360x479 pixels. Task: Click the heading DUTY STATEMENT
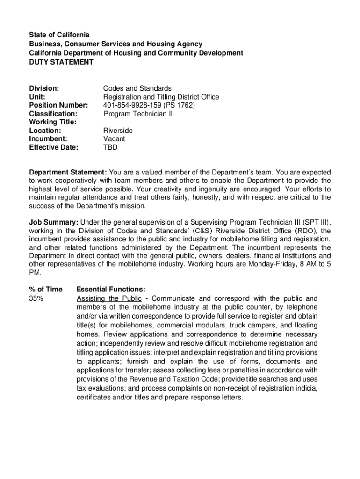click(x=61, y=62)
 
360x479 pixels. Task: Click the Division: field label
click(x=44, y=88)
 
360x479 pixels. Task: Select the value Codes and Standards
click(x=137, y=88)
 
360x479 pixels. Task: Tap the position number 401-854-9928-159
click(x=133, y=105)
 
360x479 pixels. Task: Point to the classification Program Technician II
click(x=138, y=114)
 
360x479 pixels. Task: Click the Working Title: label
click(x=52, y=122)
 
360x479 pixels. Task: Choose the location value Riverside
click(x=118, y=131)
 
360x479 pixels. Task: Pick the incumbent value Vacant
click(x=114, y=139)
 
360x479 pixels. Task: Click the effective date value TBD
click(x=110, y=147)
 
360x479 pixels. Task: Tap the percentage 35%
click(x=36, y=298)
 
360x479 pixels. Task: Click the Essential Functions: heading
click(x=111, y=290)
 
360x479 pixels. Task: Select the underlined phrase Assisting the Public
click(x=109, y=298)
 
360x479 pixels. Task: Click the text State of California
click(x=59, y=35)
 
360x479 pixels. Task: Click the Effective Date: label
click(x=54, y=147)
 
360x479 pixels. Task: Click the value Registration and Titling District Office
click(x=161, y=97)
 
